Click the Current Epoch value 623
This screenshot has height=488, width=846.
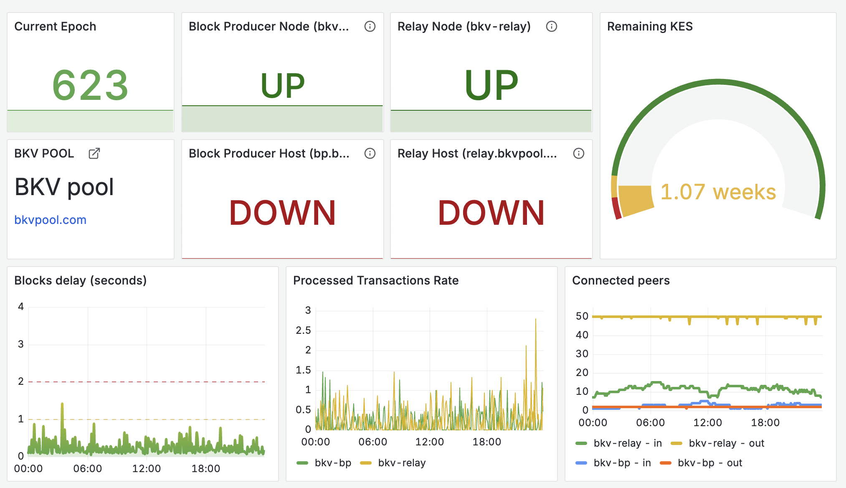[90, 85]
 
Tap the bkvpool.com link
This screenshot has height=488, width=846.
[50, 220]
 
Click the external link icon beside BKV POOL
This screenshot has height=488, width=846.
[94, 153]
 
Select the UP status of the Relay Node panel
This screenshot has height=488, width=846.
[491, 85]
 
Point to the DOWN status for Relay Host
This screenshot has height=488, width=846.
[491, 213]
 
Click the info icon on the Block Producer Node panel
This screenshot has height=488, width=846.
[370, 26]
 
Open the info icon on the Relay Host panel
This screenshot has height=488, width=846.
[579, 153]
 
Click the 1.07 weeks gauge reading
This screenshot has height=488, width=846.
[718, 192]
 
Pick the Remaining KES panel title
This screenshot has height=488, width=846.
[650, 26]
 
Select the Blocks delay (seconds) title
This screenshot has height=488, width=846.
[80, 280]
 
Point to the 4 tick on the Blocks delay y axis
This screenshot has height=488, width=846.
[21, 307]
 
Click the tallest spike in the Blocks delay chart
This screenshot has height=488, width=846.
[62, 404]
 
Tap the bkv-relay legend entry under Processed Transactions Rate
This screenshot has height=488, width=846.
[401, 463]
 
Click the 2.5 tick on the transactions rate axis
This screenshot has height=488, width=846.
[303, 330]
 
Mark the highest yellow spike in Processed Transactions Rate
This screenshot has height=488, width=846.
[536, 320]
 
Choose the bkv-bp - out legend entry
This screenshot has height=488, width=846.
[709, 463]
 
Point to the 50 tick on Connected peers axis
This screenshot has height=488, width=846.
[582, 316]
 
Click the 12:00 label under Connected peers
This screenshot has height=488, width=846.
[708, 423]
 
